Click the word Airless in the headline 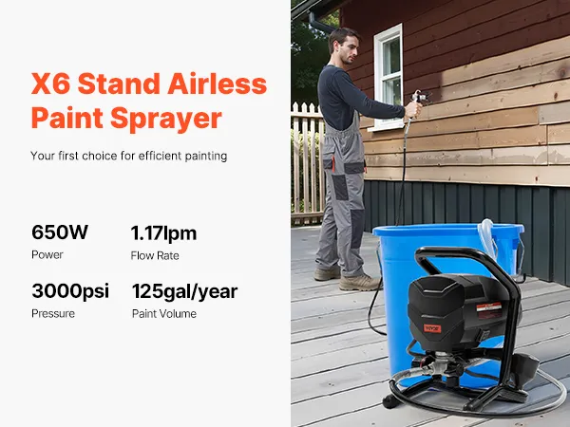(x=217, y=84)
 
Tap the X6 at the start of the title (x=50, y=84)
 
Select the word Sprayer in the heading (x=165, y=119)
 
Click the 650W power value (x=60, y=232)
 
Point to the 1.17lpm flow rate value (x=163, y=233)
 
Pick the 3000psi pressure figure (x=70, y=291)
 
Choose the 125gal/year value (x=184, y=291)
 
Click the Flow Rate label (x=155, y=255)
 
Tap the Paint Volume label (x=164, y=314)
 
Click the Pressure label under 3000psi (x=53, y=314)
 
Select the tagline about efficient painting (x=128, y=156)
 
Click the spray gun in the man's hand (x=419, y=101)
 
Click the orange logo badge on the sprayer (x=432, y=328)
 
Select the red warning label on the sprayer (x=489, y=311)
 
